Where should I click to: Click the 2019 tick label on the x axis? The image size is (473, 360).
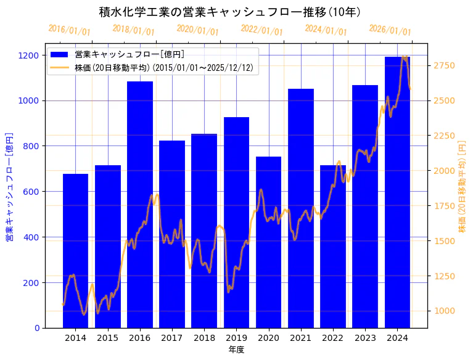pyautogui.click(x=236, y=338)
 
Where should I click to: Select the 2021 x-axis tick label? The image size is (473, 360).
pyautogui.click(x=300, y=338)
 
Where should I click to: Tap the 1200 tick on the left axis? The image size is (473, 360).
pyautogui.click(x=31, y=55)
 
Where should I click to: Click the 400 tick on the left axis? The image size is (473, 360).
pyautogui.click(x=33, y=237)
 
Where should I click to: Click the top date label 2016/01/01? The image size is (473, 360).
pyautogui.click(x=69, y=30)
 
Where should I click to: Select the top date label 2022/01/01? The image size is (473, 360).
pyautogui.click(x=261, y=30)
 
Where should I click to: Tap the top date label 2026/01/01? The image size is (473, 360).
pyautogui.click(x=390, y=30)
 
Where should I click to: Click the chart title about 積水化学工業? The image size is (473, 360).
pyautogui.click(x=230, y=12)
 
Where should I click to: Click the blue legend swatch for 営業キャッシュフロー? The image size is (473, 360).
pyautogui.click(x=60, y=55)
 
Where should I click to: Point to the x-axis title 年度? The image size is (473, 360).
pyautogui.click(x=236, y=350)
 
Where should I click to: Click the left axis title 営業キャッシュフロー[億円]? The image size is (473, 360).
pyautogui.click(x=9, y=186)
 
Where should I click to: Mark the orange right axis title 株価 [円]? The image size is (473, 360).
pyautogui.click(x=462, y=186)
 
